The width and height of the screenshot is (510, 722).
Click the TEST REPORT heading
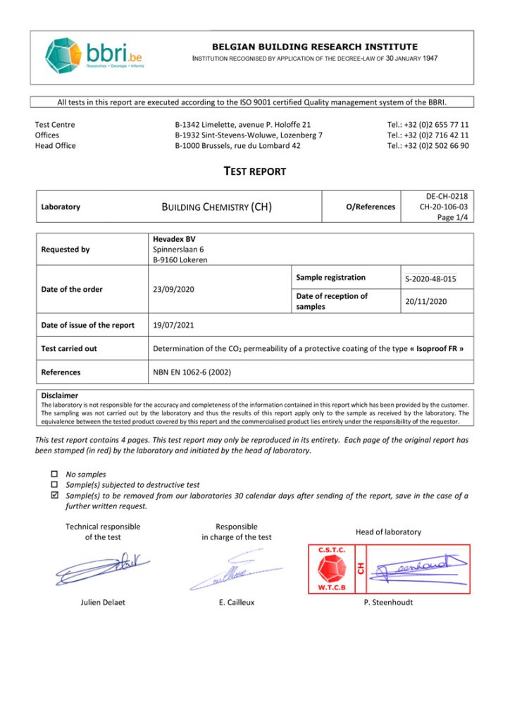(255, 171)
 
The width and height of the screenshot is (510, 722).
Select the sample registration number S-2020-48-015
(430, 279)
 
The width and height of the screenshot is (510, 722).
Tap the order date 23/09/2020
(174, 289)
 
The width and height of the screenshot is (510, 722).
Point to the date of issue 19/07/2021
(174, 325)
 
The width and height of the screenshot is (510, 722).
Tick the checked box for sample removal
(56, 496)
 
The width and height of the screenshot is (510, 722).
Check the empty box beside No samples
(56, 475)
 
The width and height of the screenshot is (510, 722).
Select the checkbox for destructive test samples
(56, 485)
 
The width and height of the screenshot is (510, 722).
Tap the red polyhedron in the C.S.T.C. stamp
(331, 568)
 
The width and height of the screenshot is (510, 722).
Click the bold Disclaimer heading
(60, 396)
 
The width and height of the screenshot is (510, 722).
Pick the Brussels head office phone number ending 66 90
(428, 146)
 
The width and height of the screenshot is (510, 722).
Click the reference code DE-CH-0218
(447, 196)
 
